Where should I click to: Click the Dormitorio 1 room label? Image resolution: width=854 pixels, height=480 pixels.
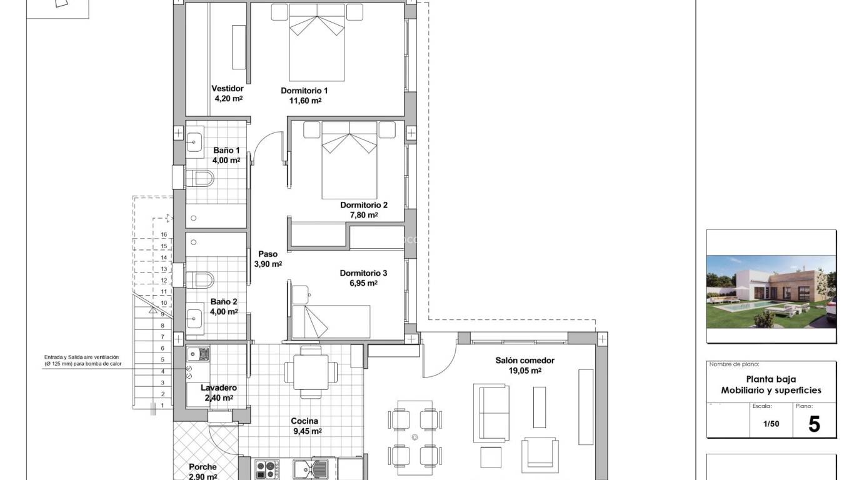304,91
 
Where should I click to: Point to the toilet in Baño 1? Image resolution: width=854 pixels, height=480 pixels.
201,179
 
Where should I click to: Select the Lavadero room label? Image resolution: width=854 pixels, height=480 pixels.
218,387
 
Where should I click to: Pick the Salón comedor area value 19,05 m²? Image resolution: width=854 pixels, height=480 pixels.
526,370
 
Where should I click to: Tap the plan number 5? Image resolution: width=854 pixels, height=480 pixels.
813,424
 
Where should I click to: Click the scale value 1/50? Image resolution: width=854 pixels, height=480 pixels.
771,424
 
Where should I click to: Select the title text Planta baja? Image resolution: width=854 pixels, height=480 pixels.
771,379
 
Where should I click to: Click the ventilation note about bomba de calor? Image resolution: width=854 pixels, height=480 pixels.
81,360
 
